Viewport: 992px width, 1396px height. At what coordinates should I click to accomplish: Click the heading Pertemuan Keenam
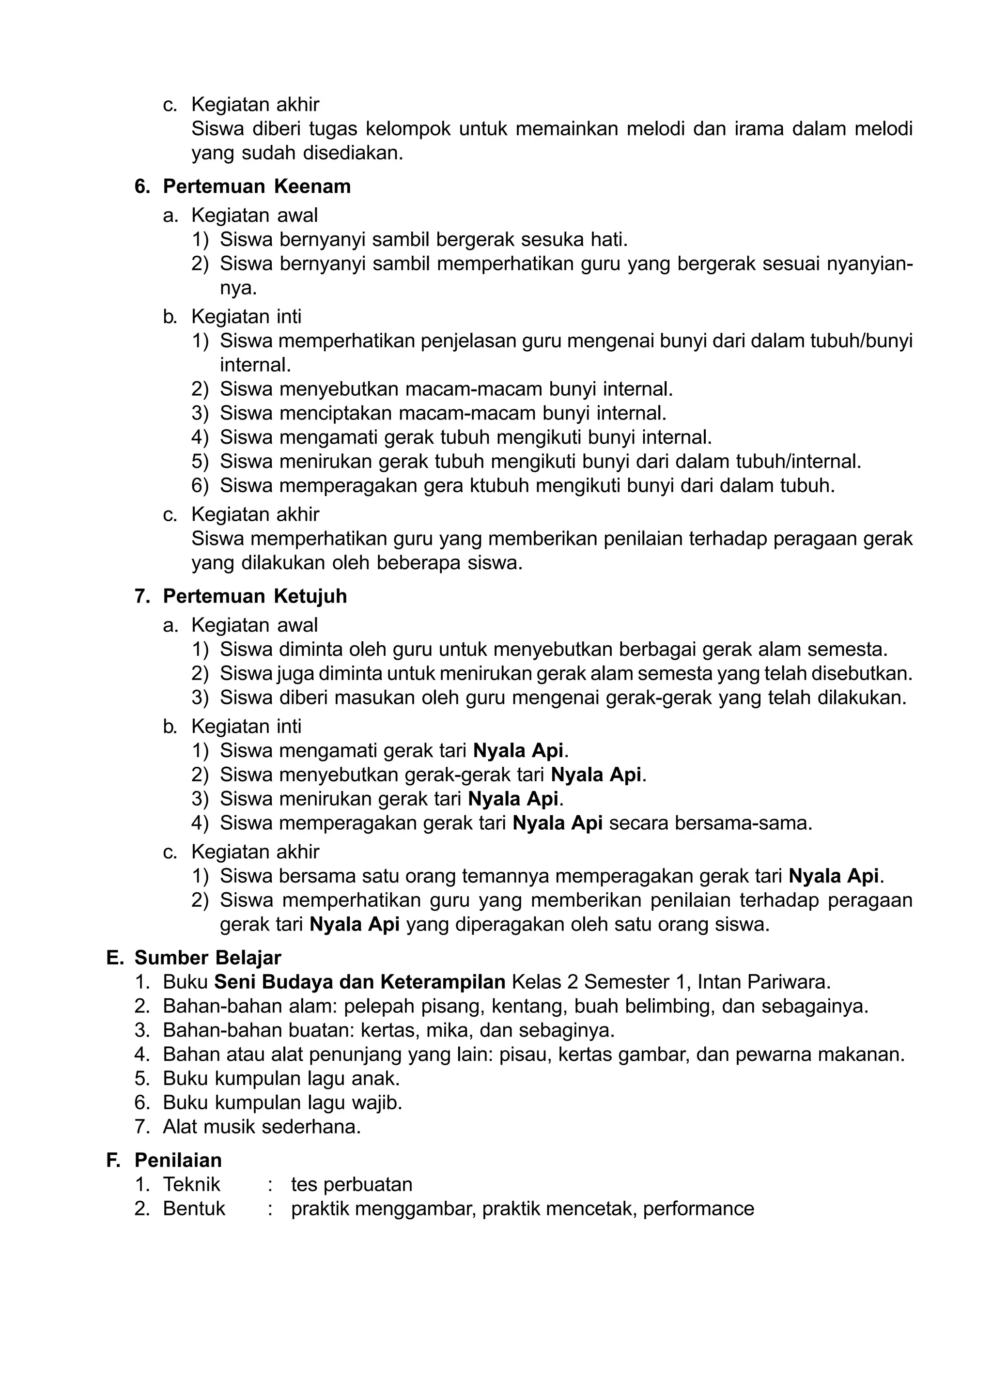[x=257, y=187]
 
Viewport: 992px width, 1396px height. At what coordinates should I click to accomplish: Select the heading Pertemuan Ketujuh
[x=255, y=597]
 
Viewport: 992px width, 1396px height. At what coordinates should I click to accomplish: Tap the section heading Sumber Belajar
[x=208, y=958]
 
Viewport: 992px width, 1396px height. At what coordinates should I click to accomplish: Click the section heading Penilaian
[x=178, y=1160]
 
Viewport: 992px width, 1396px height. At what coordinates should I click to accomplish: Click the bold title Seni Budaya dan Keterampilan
[x=360, y=982]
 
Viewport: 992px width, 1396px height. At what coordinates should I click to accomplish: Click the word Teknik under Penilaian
[x=191, y=1185]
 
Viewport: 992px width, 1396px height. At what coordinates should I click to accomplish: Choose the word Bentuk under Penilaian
[x=194, y=1209]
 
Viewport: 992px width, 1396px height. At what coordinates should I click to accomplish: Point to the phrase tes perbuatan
[x=351, y=1185]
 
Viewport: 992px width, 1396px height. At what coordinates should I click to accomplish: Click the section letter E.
[x=114, y=958]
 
